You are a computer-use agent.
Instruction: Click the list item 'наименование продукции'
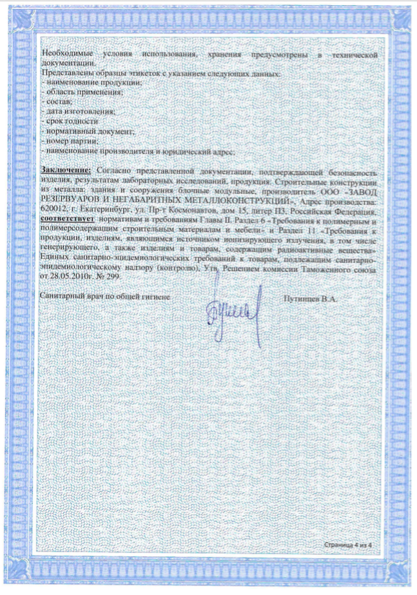(x=84, y=84)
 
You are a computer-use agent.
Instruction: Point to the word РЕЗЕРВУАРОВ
(x=70, y=200)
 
